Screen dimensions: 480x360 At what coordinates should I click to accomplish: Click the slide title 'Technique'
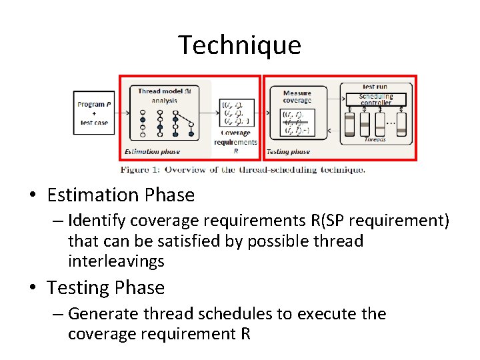[239, 45]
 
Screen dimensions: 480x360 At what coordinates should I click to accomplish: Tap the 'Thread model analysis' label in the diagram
[164, 95]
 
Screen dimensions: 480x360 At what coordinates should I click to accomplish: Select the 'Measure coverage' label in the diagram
[297, 97]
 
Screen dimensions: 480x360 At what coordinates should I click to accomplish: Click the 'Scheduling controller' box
[376, 99]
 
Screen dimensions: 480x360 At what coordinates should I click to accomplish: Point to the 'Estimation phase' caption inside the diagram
[152, 151]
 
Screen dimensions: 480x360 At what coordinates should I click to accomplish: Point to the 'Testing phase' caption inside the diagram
[288, 151]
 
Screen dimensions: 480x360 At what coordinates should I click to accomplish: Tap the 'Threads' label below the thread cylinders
[375, 139]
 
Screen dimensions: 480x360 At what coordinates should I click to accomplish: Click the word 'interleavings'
[116, 261]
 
